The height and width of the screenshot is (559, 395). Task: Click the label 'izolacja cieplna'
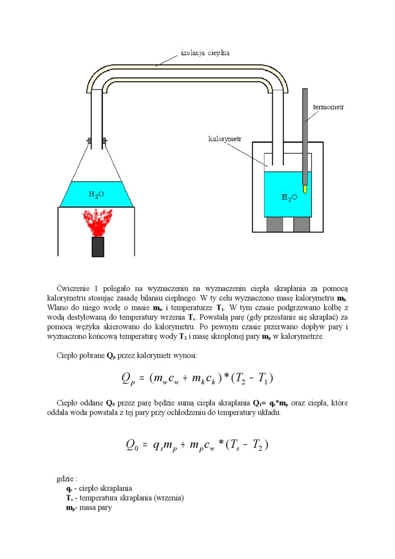(205, 53)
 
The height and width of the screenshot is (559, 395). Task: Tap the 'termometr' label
(328, 107)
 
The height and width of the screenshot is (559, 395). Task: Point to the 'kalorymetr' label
(225, 139)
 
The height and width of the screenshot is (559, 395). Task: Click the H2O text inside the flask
(96, 194)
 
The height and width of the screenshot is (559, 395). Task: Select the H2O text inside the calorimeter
(289, 197)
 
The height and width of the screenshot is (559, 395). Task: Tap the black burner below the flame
(98, 247)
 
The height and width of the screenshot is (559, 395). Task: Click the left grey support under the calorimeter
(274, 224)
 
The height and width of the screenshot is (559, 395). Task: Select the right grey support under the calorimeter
(301, 224)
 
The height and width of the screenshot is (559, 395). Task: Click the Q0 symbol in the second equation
(133, 445)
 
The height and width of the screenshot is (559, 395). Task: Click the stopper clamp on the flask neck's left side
(89, 140)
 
